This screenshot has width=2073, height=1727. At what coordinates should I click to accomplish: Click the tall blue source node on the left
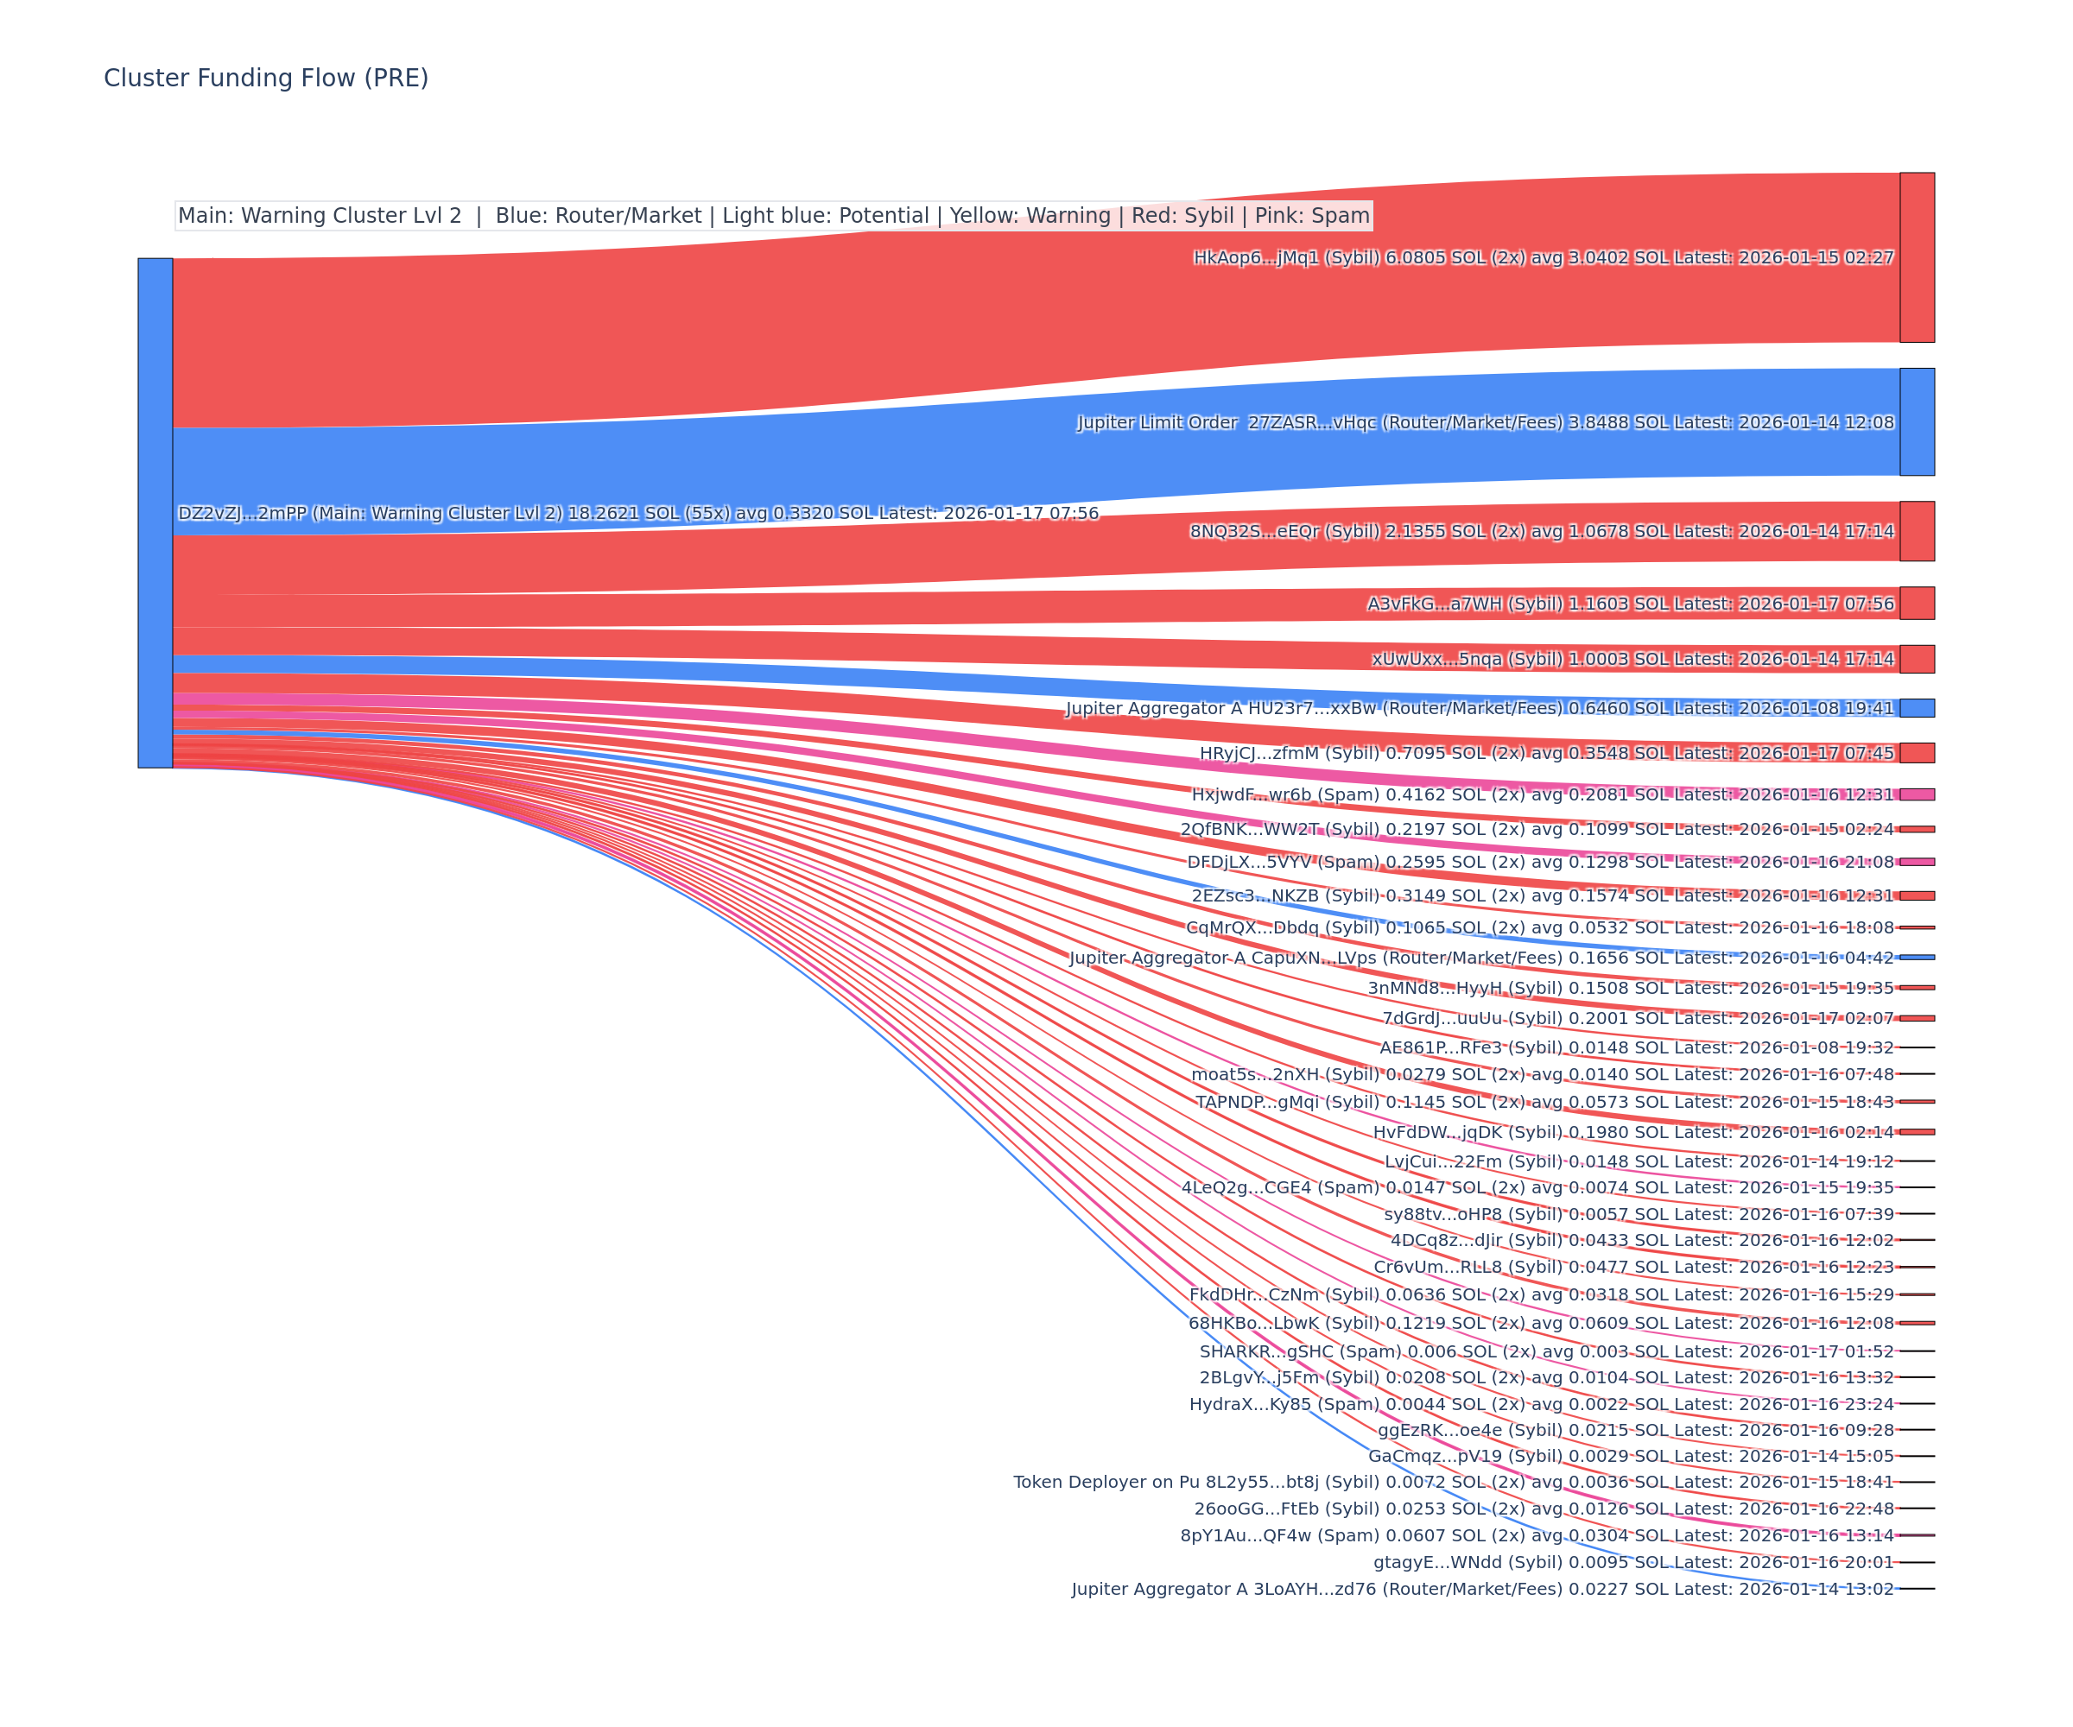click(155, 512)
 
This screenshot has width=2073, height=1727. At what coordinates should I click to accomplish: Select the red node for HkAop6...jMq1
click(1916, 257)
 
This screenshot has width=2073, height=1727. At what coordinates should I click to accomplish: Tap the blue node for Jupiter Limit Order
click(1916, 421)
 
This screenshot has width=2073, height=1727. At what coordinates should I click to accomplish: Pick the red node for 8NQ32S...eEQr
click(1916, 531)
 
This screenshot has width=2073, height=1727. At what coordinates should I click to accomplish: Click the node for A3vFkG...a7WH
click(1916, 603)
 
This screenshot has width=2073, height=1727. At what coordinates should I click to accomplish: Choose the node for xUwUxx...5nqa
click(1916, 658)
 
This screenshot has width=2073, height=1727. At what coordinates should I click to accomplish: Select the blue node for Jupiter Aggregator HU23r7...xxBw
click(1916, 707)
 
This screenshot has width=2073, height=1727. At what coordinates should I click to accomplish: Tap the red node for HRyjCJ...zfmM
click(1916, 753)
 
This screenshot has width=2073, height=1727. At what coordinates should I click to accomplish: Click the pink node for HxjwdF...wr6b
click(1916, 794)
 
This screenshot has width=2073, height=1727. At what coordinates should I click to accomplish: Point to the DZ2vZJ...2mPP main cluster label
click(637, 513)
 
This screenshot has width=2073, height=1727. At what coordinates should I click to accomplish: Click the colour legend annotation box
click(773, 215)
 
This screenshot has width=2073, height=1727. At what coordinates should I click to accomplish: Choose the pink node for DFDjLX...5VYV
click(1916, 862)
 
